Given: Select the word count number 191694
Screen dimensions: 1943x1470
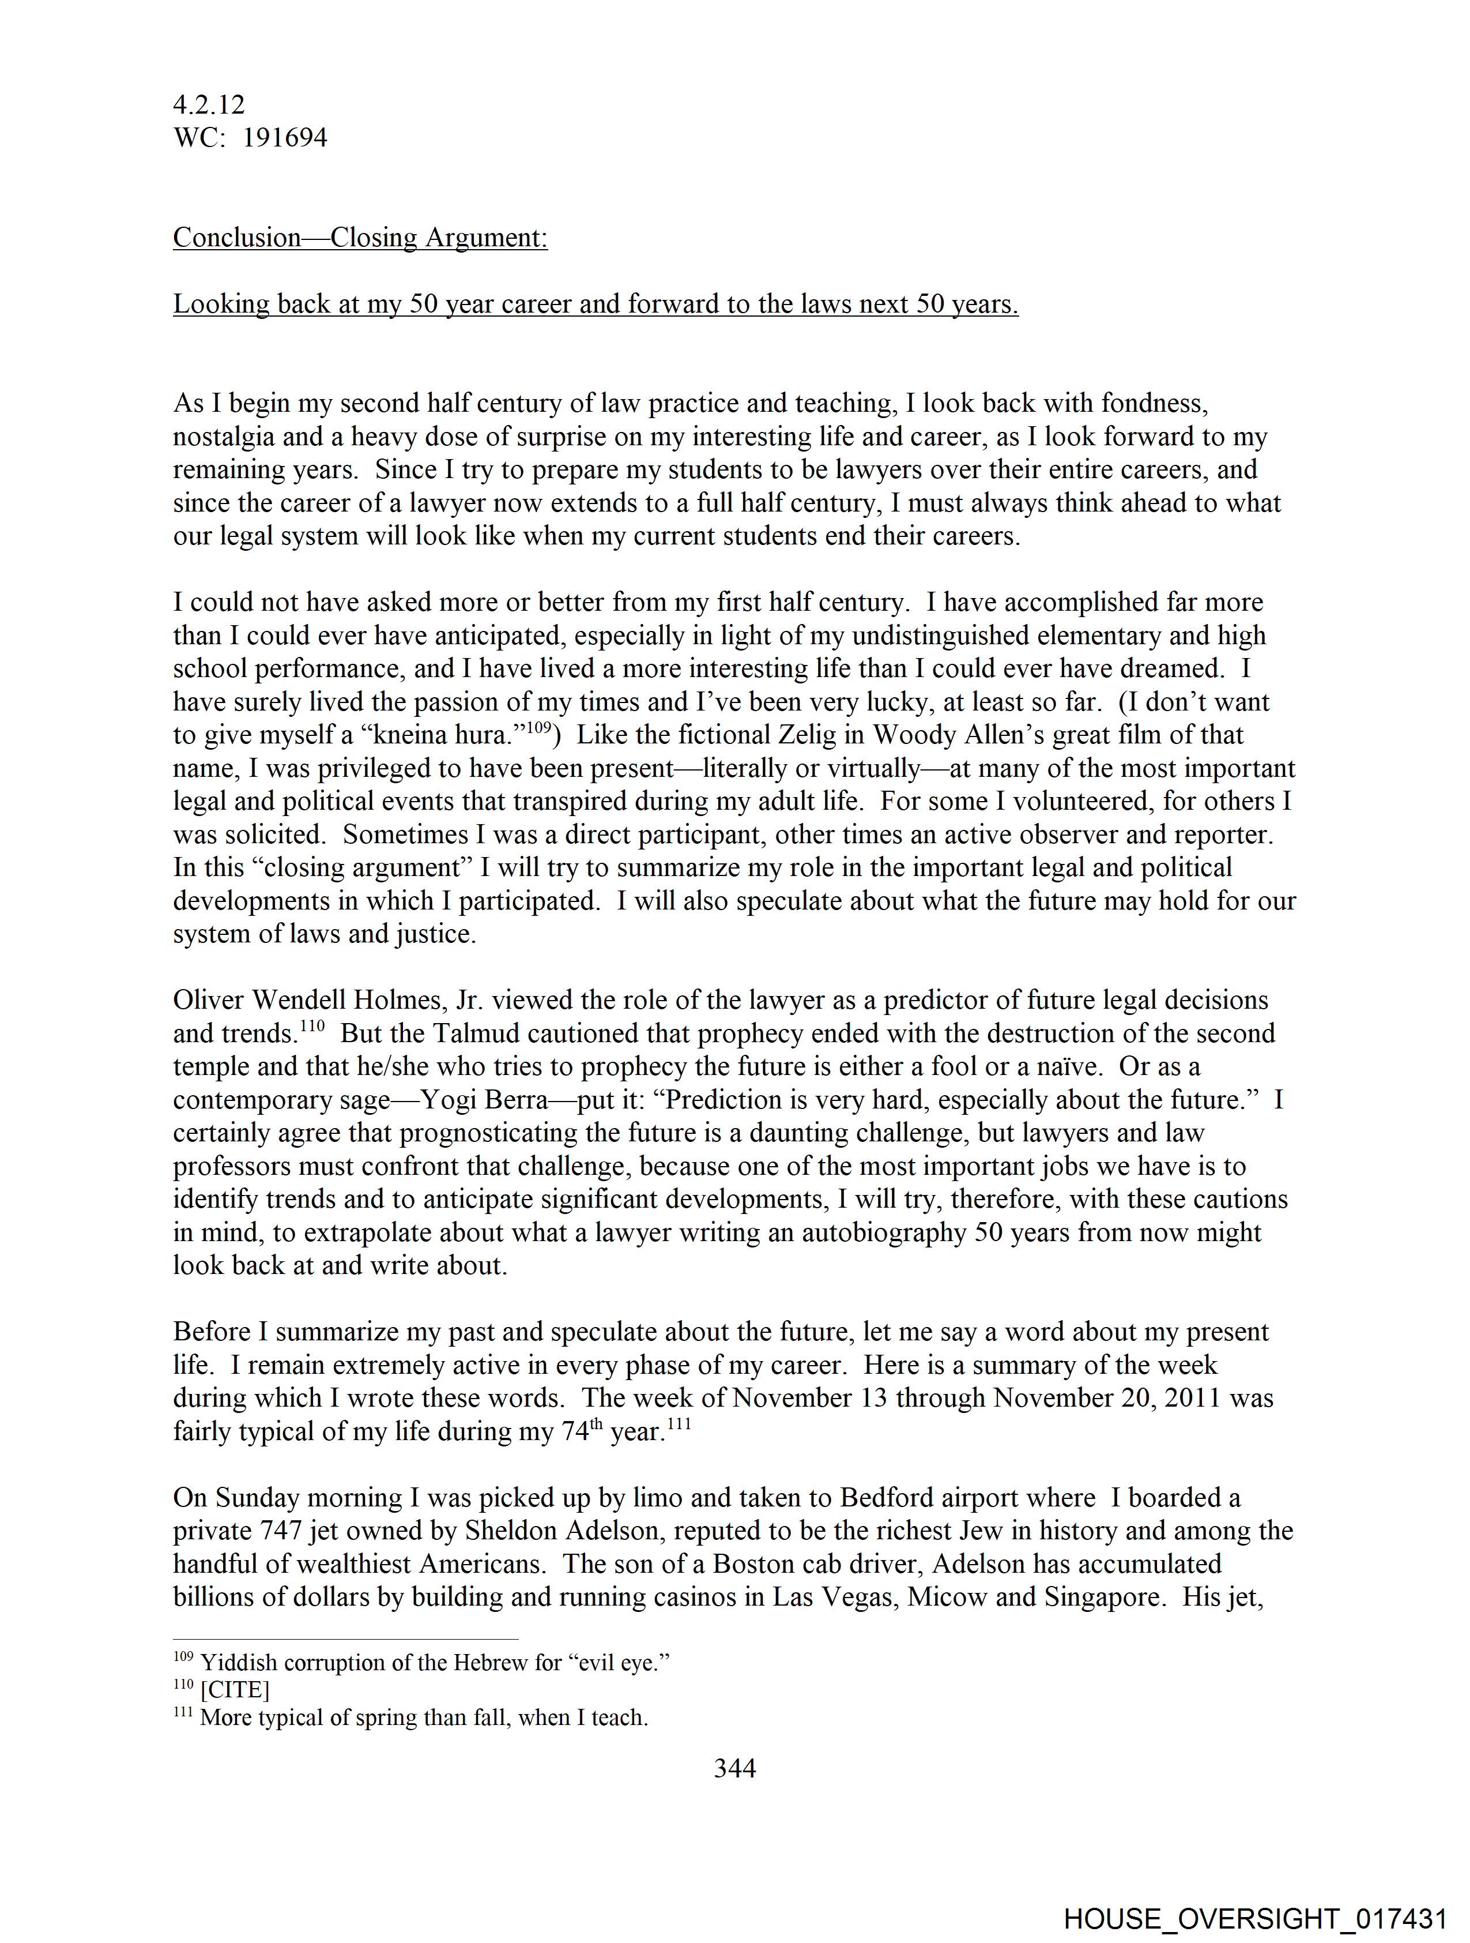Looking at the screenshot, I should [x=285, y=138].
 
